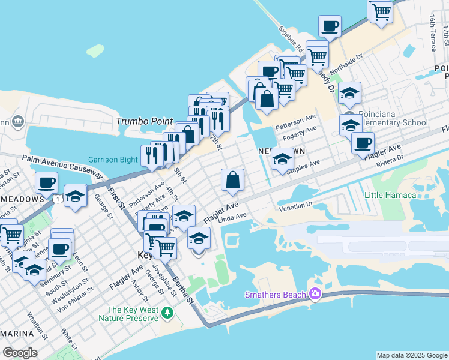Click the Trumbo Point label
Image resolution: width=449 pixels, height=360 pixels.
click(x=144, y=121)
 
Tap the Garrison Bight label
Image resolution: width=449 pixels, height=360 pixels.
click(x=114, y=160)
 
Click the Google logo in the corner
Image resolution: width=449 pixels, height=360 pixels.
click(x=20, y=353)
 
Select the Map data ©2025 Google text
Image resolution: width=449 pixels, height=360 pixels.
click(x=411, y=355)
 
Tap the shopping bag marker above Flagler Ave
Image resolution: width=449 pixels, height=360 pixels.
click(x=232, y=179)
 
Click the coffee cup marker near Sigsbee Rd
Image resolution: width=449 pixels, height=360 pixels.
click(x=330, y=27)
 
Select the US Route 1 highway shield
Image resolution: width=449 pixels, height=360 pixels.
click(x=57, y=197)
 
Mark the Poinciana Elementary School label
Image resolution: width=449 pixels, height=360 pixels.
click(x=393, y=118)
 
